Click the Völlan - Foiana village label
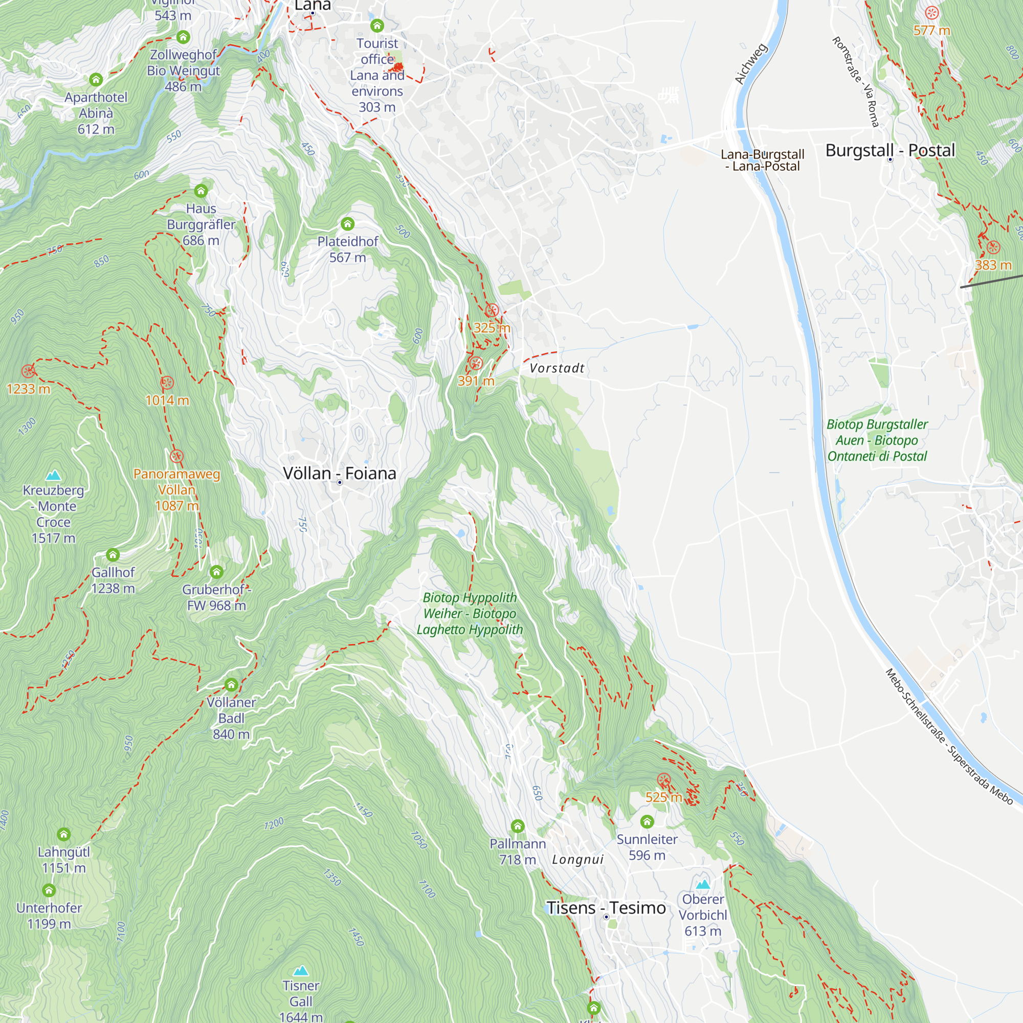tap(339, 473)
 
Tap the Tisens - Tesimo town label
tap(606, 907)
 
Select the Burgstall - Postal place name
tap(889, 150)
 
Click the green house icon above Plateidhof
tap(347, 224)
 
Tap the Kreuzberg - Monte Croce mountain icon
tap(53, 475)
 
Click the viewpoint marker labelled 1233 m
tap(28, 371)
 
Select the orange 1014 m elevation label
tap(167, 401)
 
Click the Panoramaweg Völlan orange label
tap(176, 490)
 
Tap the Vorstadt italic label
tap(557, 368)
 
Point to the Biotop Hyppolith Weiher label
tap(470, 613)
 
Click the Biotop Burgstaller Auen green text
tap(877, 440)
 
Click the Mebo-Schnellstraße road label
tap(948, 737)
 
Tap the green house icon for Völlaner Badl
tap(231, 685)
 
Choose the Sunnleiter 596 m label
tap(647, 847)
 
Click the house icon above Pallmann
tap(517, 826)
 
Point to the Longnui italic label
tap(577, 859)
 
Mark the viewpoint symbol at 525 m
tap(663, 780)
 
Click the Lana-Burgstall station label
tap(762, 160)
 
